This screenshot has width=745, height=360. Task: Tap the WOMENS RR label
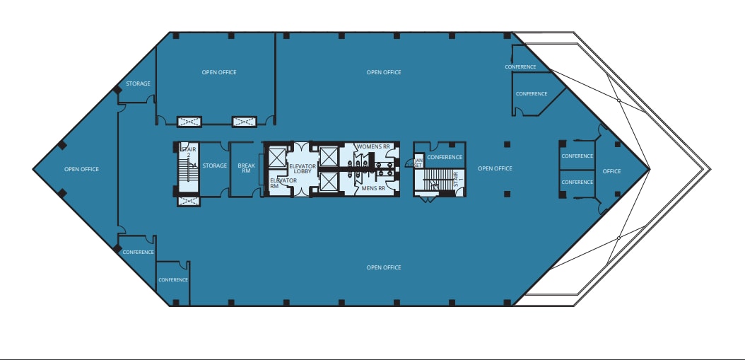point(372,146)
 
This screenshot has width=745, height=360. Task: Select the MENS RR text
point(372,189)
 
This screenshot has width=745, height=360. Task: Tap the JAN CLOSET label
point(418,162)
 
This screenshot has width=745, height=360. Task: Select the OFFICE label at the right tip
point(611,171)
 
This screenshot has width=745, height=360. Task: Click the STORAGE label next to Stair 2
point(215,166)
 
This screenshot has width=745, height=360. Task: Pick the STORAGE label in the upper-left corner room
point(138,83)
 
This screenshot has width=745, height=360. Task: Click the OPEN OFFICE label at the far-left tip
point(81,169)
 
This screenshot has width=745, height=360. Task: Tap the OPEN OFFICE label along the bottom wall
point(384,267)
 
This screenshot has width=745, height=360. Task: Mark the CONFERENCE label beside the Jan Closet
point(445,157)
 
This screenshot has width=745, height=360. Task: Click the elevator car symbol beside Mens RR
point(329,182)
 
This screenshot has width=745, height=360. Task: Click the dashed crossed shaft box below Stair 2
point(188,202)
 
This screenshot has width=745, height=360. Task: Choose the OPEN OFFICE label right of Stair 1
point(495,168)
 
